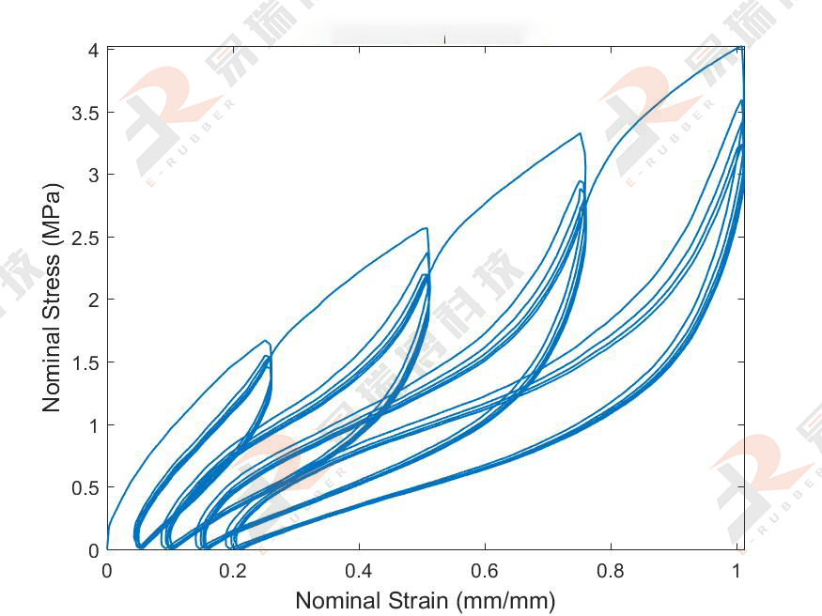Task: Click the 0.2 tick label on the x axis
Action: click(233, 570)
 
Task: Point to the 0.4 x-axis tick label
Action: click(359, 570)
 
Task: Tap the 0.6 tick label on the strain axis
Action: click(485, 570)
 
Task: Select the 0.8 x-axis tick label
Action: click(611, 570)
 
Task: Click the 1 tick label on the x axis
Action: click(737, 570)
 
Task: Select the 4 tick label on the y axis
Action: click(93, 50)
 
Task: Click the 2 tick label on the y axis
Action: click(93, 300)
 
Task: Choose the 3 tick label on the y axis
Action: click(93, 175)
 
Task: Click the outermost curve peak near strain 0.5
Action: click(427, 228)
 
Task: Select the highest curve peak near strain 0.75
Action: click(581, 133)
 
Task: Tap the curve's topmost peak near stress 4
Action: click(739, 46)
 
